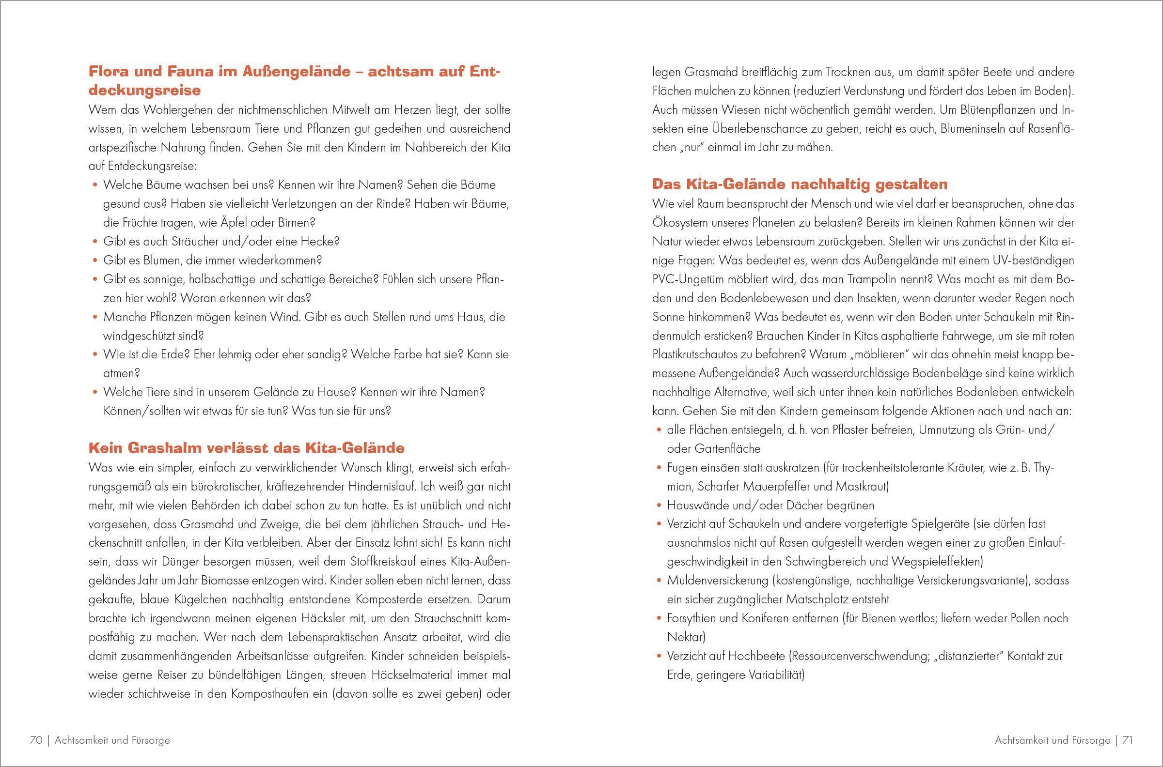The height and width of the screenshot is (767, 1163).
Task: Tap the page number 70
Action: coord(36,740)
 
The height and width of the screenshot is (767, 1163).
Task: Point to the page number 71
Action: coord(1127,740)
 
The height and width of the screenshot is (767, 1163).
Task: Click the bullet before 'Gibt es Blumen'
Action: coord(95,261)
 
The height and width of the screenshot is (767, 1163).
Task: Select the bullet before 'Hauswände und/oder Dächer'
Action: coord(659,506)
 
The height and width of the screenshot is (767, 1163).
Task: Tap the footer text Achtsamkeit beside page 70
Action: coord(81,740)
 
